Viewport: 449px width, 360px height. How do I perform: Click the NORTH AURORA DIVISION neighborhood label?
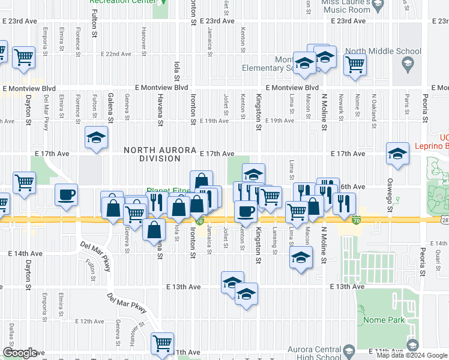pos(152,154)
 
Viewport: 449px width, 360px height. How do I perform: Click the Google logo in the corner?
pos(20,353)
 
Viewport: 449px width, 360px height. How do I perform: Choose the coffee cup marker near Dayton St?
pos(66,194)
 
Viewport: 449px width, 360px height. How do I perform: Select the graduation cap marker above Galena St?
pos(96,137)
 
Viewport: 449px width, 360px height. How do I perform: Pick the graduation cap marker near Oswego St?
pos(397,154)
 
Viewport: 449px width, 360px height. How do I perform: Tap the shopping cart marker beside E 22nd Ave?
pos(23,57)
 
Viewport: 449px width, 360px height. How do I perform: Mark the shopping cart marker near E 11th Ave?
pos(162,343)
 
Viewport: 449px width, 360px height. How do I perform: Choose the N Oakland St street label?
pos(373,103)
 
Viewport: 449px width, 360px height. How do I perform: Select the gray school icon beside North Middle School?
pos(408,63)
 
